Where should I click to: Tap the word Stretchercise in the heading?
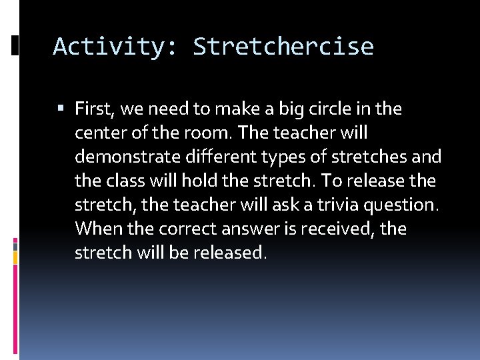(x=283, y=47)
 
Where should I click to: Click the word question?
(x=401, y=205)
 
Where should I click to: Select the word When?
(x=95, y=229)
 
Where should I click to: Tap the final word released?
(x=228, y=253)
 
